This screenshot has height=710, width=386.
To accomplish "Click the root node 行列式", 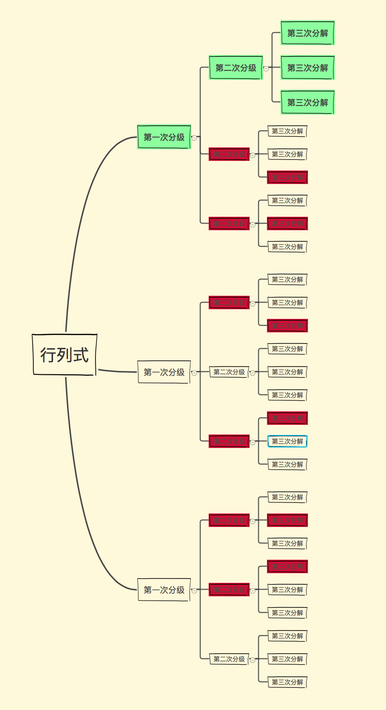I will click(x=65, y=355).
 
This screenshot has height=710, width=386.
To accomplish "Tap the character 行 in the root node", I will click(x=48, y=355).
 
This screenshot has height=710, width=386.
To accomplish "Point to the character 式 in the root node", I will click(x=81, y=355).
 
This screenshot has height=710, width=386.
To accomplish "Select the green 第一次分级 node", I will click(x=164, y=137).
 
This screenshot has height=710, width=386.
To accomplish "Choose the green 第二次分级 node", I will click(x=236, y=68).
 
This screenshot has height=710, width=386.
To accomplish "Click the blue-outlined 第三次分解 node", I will click(x=287, y=441).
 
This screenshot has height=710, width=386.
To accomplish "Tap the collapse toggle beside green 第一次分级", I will click(x=194, y=138).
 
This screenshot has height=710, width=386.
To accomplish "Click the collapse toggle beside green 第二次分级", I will click(x=266, y=68).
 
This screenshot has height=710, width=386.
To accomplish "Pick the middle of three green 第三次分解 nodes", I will click(x=307, y=68).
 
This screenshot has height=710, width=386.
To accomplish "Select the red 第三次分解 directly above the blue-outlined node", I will click(x=287, y=418).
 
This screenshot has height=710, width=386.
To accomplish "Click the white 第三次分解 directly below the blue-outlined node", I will click(x=287, y=464).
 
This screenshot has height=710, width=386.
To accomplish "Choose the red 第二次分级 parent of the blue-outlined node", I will click(x=229, y=441).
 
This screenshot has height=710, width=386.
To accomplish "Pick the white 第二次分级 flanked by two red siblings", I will click(x=229, y=372).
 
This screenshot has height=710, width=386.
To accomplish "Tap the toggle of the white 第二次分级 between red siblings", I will click(x=253, y=372).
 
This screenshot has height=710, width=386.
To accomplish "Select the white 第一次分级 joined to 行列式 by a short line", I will click(x=164, y=372).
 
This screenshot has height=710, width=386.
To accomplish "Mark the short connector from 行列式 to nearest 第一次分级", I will click(x=118, y=371).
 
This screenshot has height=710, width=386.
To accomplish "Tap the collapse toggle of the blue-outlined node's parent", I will click(x=253, y=442).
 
